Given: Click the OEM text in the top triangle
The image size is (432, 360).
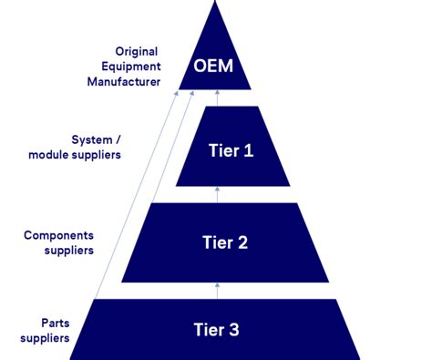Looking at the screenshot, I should [x=216, y=67].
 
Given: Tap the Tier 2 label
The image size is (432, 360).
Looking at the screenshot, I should [x=224, y=242].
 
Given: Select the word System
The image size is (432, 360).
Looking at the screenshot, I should [x=94, y=139].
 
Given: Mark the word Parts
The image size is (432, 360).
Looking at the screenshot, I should [x=55, y=322].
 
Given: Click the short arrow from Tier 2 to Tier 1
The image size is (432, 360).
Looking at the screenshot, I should [x=217, y=194].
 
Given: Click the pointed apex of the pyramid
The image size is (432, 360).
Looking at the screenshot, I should [x=215, y=4].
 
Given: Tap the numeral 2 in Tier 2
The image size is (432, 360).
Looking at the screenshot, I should [x=243, y=242].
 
